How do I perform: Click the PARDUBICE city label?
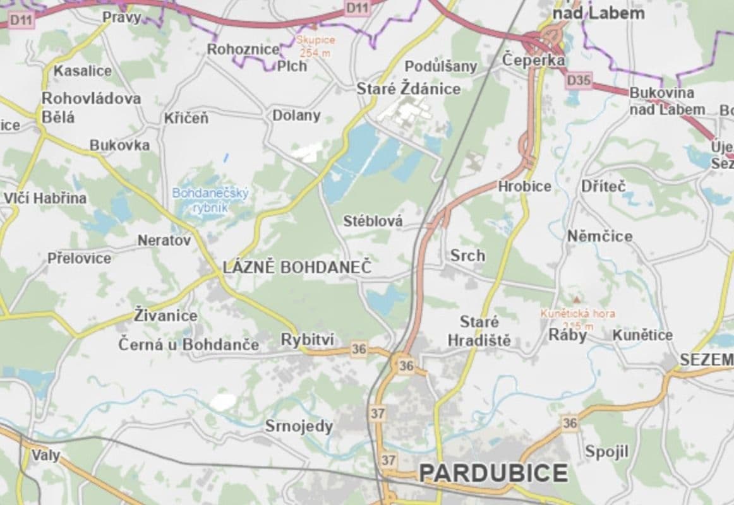click(x=493, y=472)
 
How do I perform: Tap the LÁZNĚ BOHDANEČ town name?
click(x=298, y=268)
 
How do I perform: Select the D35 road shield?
click(x=579, y=80)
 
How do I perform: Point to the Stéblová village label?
click(x=373, y=221)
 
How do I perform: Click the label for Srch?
click(x=467, y=255)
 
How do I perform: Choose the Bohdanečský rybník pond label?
click(x=211, y=199)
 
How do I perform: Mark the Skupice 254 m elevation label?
click(x=315, y=45)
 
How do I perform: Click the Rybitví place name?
click(x=307, y=340)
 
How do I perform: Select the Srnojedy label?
click(x=298, y=426)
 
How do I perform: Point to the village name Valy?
click(x=45, y=454)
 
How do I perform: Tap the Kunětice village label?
click(x=642, y=335)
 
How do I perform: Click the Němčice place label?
click(x=599, y=236)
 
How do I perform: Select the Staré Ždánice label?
click(x=409, y=89)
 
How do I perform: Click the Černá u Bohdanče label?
click(x=189, y=345)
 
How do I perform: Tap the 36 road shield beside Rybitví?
click(x=359, y=348)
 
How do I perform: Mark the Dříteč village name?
click(x=603, y=186)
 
